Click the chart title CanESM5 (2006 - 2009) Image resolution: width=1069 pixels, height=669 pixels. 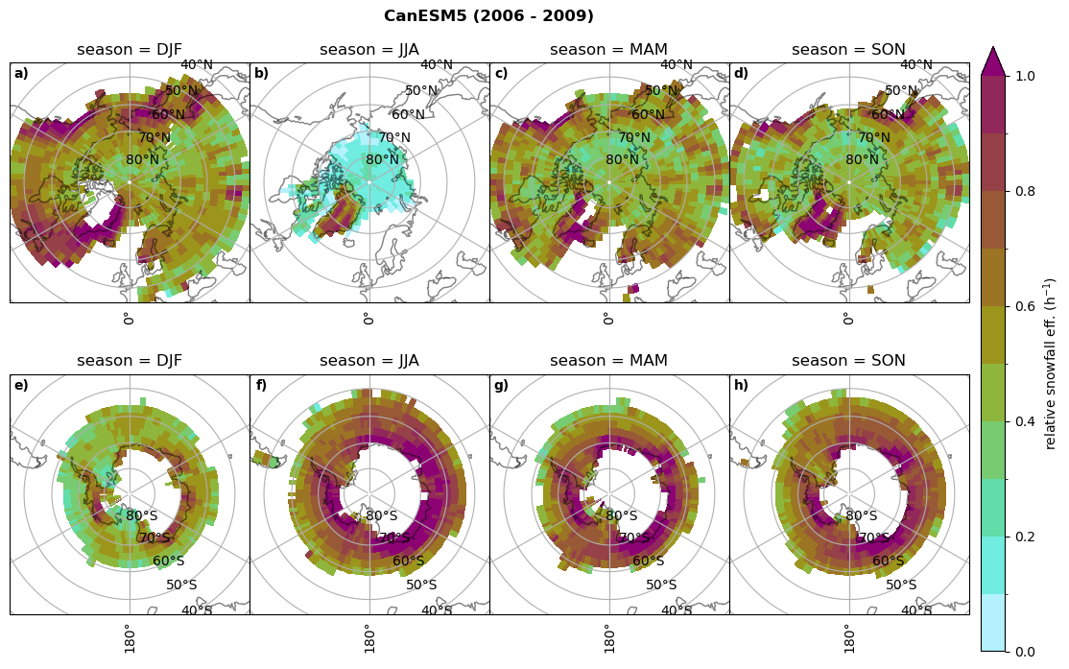click(488, 16)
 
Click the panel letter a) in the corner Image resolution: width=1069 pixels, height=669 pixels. click(21, 74)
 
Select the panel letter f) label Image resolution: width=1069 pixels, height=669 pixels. click(261, 386)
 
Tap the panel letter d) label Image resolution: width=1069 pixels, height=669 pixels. click(741, 74)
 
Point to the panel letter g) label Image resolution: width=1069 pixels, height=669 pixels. click(501, 386)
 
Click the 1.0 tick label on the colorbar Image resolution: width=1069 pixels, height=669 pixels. click(1025, 76)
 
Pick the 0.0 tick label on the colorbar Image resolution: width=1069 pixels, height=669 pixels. click(1025, 652)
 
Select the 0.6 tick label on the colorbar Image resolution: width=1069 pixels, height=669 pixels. click(1025, 306)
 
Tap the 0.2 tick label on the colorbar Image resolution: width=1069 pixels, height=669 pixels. click(1025, 537)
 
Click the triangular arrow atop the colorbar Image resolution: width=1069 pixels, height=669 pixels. click(993, 60)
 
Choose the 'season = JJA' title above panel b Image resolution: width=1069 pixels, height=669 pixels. click(369, 50)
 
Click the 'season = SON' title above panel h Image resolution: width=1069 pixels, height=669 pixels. click(848, 361)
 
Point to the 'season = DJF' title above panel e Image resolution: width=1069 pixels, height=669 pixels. click(130, 361)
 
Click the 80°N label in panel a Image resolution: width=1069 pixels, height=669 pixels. click(143, 160)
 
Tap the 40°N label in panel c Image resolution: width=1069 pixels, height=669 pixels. click(677, 65)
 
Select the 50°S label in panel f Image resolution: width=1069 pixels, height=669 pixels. click(421, 585)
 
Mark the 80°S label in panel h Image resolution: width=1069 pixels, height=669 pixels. click(862, 516)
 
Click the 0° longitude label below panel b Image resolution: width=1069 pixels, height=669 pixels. click(368, 318)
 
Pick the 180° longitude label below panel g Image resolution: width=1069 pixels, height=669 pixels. click(608, 637)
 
